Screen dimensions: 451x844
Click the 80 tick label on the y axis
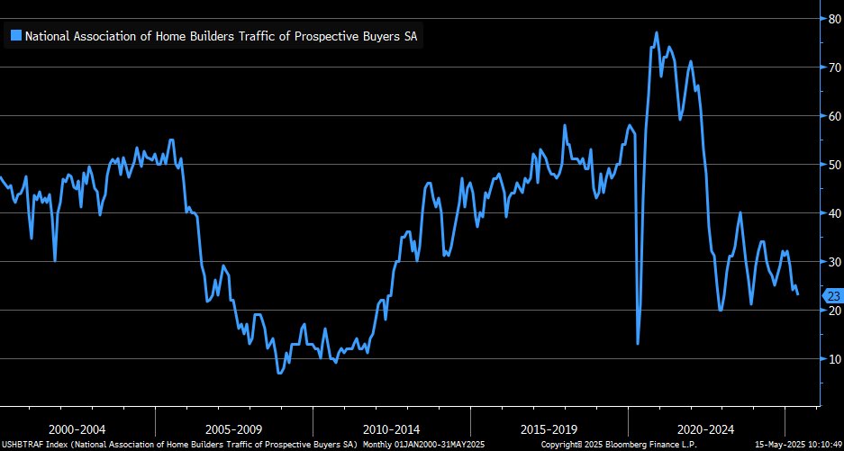pyautogui.click(x=835, y=17)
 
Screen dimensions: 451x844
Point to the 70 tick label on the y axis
pyautogui.click(x=835, y=67)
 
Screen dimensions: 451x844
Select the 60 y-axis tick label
pyautogui.click(x=835, y=115)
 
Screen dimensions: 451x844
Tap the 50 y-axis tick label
pyautogui.click(x=835, y=164)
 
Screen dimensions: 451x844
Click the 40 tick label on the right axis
pyautogui.click(x=835, y=212)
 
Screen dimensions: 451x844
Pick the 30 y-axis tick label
pyautogui.click(x=835, y=261)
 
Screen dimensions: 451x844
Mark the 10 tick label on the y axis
pyautogui.click(x=835, y=358)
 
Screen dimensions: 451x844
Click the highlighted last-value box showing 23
pyautogui.click(x=832, y=294)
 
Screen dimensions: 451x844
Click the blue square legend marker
pyautogui.click(x=15, y=36)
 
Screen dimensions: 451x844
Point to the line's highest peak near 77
pyautogui.click(x=656, y=32)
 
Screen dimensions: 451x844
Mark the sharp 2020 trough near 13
pyautogui.click(x=638, y=343)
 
